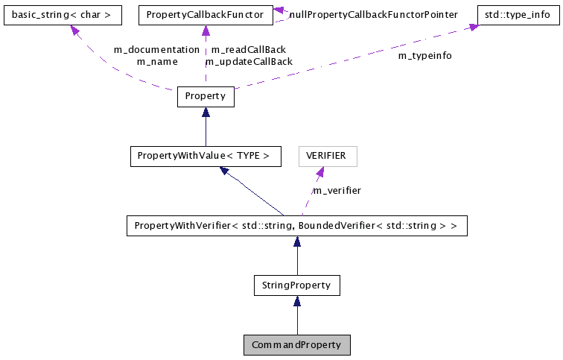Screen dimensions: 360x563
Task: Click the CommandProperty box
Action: click(x=296, y=345)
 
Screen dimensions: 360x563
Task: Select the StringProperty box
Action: click(x=296, y=285)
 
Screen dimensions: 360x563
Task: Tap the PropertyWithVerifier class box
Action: click(x=296, y=224)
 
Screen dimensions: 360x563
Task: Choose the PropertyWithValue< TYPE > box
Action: click(x=206, y=157)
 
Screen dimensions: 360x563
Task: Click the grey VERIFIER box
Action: click(x=328, y=157)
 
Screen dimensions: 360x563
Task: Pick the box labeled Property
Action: click(x=206, y=97)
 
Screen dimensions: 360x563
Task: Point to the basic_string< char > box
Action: click(x=62, y=14)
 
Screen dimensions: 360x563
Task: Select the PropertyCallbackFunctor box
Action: click(x=206, y=14)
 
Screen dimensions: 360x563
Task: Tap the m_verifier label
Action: click(x=337, y=191)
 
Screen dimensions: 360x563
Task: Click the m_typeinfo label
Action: click(x=424, y=56)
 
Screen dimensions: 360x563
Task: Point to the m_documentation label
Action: click(x=156, y=50)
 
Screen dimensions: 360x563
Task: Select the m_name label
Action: click(x=157, y=62)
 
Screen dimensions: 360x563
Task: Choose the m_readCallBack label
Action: click(x=249, y=50)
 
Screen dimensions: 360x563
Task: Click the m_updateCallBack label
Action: click(x=249, y=62)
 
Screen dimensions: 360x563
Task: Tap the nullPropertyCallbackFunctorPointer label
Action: click(x=373, y=14)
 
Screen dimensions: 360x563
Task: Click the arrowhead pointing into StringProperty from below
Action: click(x=296, y=301)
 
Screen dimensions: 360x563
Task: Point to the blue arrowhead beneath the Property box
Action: click(x=206, y=113)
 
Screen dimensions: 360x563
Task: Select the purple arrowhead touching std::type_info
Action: click(x=472, y=27)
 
